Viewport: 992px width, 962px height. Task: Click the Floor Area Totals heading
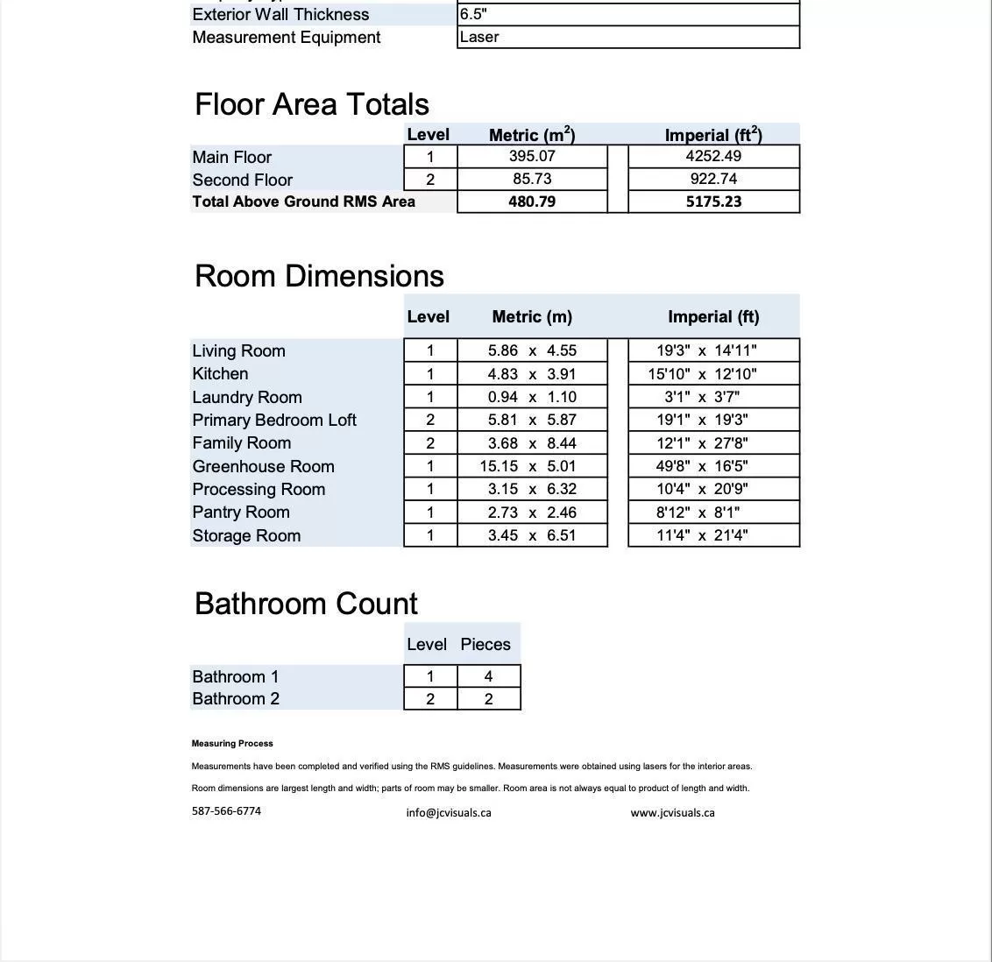coord(311,104)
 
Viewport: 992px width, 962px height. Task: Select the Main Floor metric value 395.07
coord(532,156)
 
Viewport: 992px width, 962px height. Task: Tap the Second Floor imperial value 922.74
coord(713,179)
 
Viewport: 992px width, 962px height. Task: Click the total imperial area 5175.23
coord(713,202)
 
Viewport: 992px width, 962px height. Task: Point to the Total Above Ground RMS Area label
coord(303,202)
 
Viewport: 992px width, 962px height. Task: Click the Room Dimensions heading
coord(319,276)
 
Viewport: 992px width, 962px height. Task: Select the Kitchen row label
coord(220,374)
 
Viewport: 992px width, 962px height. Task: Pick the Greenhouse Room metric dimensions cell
coord(532,466)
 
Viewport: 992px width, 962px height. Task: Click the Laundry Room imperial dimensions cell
coord(713,397)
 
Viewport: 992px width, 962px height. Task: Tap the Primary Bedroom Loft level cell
coord(430,421)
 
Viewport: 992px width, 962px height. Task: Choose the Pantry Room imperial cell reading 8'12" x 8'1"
coord(713,513)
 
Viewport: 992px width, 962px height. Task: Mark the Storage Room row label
coord(246,536)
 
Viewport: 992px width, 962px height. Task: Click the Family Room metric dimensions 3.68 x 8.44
coord(532,443)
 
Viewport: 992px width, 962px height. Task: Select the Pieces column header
coord(485,645)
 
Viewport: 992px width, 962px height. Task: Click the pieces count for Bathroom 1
coord(488,676)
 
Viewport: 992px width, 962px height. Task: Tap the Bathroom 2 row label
coord(236,699)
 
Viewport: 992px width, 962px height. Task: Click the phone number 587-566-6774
coord(226,811)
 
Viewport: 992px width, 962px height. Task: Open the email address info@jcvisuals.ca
coord(449,813)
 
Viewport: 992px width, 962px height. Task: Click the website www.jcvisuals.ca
coord(672,813)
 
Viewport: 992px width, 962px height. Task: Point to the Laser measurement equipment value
coord(479,37)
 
